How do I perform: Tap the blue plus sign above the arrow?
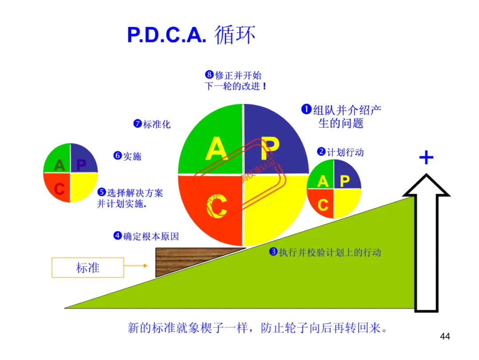coord(426,158)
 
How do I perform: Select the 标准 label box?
coord(87,268)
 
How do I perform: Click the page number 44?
coord(445,336)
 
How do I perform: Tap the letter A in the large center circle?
coord(216,149)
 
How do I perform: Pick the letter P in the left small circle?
coord(81,165)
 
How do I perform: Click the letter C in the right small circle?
coord(323,205)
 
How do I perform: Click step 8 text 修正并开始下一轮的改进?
coord(235,81)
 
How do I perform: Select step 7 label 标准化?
coord(152,124)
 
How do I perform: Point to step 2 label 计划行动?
coord(341,152)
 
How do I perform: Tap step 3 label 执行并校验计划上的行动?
coord(326,253)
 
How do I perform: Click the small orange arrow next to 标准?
coord(136,266)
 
